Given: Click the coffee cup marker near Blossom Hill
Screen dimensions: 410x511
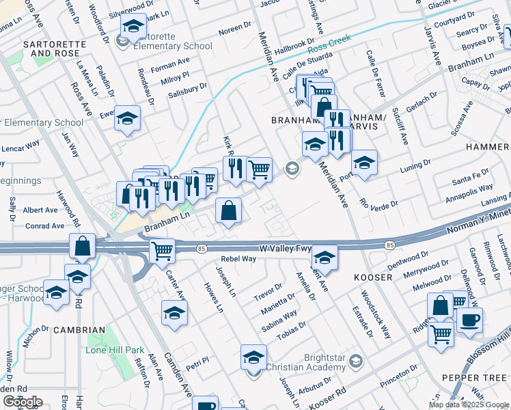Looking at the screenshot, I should pos(469,321).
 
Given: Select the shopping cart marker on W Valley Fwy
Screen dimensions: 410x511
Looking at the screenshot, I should pos(162,251).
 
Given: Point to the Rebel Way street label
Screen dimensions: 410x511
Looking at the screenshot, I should pos(238,259).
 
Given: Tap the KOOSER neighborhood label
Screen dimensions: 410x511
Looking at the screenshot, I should pos(373,278).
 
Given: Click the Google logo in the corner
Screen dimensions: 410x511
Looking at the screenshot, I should pos(22,401).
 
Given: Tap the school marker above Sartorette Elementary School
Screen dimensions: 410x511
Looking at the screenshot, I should pos(133,27).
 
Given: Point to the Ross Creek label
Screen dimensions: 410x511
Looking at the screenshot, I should pos(329,45).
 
